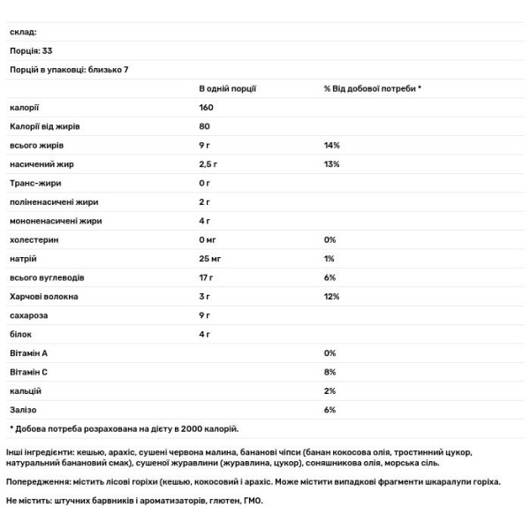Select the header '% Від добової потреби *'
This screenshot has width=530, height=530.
[x=373, y=88]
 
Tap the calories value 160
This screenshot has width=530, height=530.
[x=207, y=108]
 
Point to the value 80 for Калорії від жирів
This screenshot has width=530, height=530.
[x=204, y=126]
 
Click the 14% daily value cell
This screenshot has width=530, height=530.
[x=332, y=145]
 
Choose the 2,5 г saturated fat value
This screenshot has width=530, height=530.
[x=210, y=164]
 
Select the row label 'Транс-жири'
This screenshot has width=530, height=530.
[x=34, y=183]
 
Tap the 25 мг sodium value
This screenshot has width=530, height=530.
[x=210, y=258]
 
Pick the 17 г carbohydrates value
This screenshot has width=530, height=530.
[x=208, y=277]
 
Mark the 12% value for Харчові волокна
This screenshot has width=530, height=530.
[x=332, y=296]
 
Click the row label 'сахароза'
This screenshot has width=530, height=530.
[x=28, y=314]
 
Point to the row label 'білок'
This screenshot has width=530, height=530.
[x=20, y=334]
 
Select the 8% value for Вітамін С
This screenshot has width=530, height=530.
[x=330, y=371]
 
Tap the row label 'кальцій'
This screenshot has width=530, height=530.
[x=26, y=390]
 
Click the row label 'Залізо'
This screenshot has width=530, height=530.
[x=24, y=409]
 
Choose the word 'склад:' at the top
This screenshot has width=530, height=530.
[x=23, y=32]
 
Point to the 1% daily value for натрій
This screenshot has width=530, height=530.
[x=329, y=258]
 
